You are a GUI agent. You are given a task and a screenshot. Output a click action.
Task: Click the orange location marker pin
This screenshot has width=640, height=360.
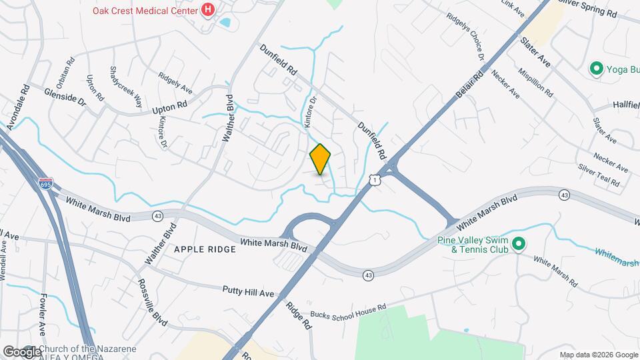click(x=321, y=159)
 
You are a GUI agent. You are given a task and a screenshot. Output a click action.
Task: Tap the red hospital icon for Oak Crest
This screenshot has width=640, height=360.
click(x=208, y=10)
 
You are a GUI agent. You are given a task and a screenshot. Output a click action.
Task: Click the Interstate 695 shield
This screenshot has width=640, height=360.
click(x=45, y=184)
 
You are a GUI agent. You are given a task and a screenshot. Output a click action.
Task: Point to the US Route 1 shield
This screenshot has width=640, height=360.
click(x=376, y=180)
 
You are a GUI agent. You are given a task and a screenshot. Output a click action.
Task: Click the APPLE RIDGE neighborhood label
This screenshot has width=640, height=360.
click(x=205, y=249)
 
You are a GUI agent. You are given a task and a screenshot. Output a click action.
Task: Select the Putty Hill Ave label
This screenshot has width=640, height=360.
click(x=248, y=291)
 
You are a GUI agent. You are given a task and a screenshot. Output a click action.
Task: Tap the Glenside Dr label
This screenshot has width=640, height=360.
click(x=65, y=98)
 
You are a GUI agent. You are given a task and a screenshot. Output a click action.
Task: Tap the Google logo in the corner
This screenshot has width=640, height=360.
click(x=21, y=351)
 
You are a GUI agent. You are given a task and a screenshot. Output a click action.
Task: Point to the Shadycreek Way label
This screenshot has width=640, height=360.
click(x=126, y=87)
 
